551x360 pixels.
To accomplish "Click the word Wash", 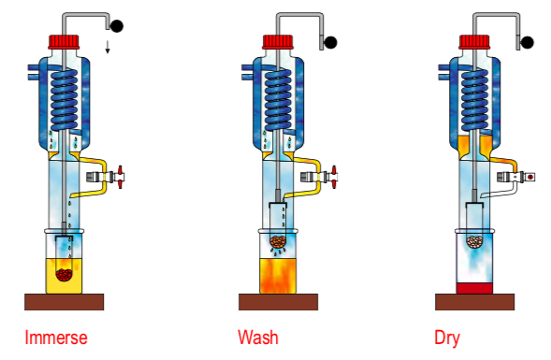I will pos(258,336).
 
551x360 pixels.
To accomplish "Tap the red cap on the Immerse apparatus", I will pos(64,41).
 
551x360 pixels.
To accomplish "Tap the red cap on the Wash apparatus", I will pos(278,41).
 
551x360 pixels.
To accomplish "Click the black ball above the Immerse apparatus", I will pos(116,25).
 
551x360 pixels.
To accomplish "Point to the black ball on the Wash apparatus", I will pos(330,41).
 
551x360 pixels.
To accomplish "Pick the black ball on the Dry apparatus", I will pos(528,41).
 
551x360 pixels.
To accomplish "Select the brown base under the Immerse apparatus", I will pos(64,301).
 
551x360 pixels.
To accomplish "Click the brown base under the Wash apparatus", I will pos(278,301).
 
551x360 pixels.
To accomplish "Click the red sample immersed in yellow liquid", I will pos(65,274).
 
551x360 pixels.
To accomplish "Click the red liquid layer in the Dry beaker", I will pos(475,286).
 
